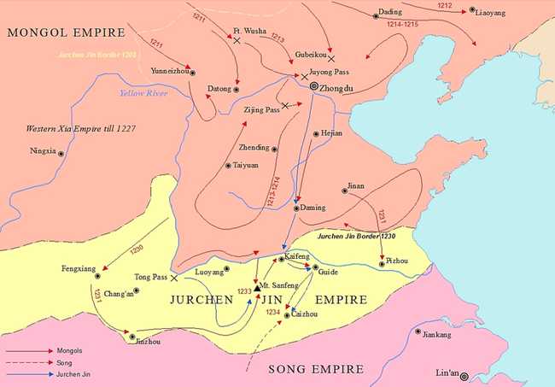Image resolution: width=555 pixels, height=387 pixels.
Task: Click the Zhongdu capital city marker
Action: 314,87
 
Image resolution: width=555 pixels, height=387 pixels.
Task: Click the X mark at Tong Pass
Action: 174,278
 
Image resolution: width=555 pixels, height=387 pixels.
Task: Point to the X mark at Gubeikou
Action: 330,58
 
